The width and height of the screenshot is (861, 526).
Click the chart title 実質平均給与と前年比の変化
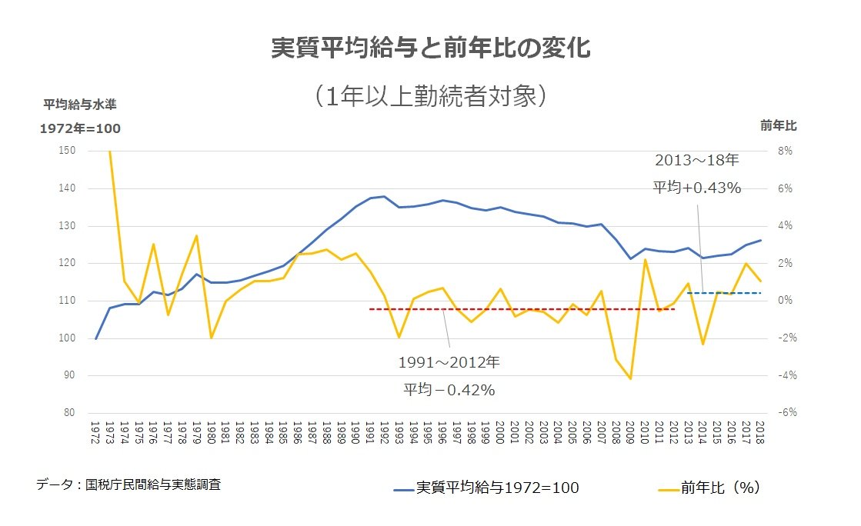tap(431, 48)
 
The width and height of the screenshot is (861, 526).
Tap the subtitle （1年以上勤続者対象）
tap(430, 95)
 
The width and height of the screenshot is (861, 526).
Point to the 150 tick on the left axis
tap(66, 151)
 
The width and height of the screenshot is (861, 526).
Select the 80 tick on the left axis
tap(68, 413)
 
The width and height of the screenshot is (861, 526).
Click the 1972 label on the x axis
tap(95, 432)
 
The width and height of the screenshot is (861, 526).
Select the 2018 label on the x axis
tap(760, 432)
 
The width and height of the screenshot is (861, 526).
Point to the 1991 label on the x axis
tap(370, 432)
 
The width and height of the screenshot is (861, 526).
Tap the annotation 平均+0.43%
tap(697, 188)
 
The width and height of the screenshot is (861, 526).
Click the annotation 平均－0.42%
tap(450, 390)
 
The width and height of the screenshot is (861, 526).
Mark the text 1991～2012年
tap(449, 362)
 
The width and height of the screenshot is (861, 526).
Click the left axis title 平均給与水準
tap(80, 104)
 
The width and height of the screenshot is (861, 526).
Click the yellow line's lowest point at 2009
tap(630, 378)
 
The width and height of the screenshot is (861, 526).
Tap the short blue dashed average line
tap(723, 293)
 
